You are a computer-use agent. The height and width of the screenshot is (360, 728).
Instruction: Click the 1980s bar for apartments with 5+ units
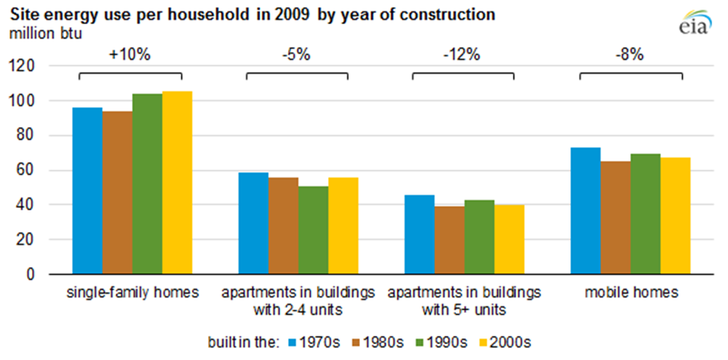(x=450, y=240)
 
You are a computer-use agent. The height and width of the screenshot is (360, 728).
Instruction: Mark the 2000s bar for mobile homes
(x=675, y=215)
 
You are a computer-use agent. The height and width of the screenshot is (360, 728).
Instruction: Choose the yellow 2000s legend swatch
(x=485, y=342)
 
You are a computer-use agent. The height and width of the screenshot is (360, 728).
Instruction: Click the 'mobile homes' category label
(x=630, y=293)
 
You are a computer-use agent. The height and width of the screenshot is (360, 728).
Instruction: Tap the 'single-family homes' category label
(x=131, y=293)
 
